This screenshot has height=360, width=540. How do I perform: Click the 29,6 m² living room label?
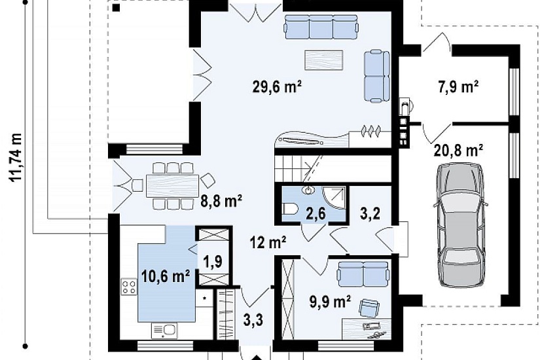(x=278, y=87)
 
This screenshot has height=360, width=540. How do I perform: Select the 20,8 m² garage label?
(x=458, y=151)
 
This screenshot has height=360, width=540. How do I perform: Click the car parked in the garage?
(x=459, y=226)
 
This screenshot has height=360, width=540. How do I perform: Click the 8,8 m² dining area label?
(x=221, y=201)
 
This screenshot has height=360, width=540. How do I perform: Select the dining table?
(x=173, y=186)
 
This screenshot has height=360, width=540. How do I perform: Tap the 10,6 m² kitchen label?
(x=166, y=276)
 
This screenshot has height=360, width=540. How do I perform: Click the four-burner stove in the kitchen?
(x=128, y=287)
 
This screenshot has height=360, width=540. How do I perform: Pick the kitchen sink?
(x=165, y=331)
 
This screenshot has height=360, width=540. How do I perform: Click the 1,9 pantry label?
(x=213, y=261)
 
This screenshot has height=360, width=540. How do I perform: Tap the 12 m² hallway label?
(x=268, y=243)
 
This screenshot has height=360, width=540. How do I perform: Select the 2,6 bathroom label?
(x=315, y=213)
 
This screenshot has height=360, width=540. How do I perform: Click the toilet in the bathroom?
(x=289, y=208)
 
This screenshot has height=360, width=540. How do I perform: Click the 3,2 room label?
(x=370, y=213)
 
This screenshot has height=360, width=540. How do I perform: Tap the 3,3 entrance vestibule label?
(x=253, y=320)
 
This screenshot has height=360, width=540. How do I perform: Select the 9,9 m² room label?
(x=331, y=302)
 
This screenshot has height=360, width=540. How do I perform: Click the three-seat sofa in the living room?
(x=321, y=27)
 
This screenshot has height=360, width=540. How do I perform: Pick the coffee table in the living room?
(x=324, y=60)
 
